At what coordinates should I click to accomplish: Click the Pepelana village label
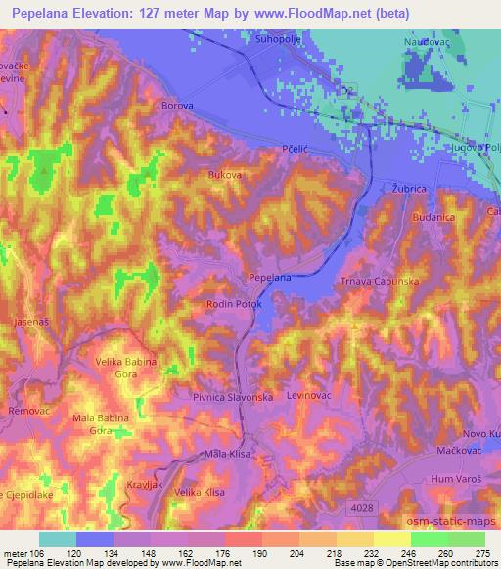point(269,279)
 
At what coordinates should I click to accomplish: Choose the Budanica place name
point(433,218)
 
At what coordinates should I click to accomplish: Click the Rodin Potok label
point(233,305)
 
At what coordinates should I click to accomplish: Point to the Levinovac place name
point(311,396)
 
